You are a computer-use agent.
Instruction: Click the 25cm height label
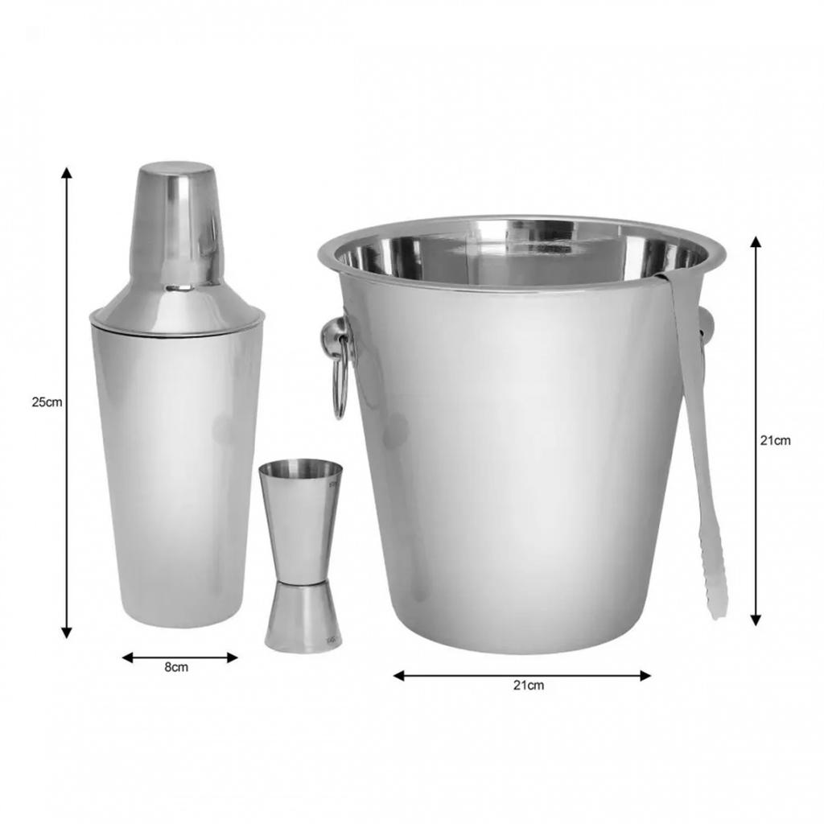[47, 402]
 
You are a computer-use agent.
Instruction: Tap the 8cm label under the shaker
[176, 668]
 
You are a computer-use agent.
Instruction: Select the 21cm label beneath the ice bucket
[528, 686]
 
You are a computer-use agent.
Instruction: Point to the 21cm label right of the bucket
[775, 440]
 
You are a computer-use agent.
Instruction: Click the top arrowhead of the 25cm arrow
[67, 172]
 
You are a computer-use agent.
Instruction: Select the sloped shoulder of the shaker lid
[176, 306]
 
